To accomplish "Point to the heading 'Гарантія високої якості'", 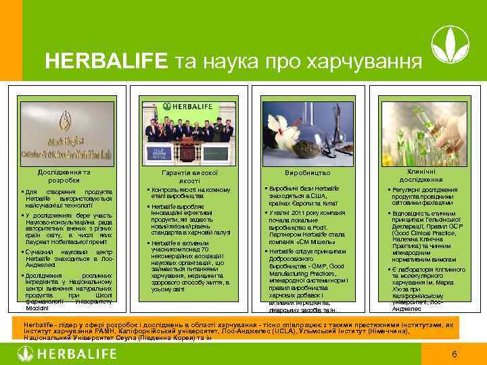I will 185,176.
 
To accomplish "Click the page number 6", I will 455,354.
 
